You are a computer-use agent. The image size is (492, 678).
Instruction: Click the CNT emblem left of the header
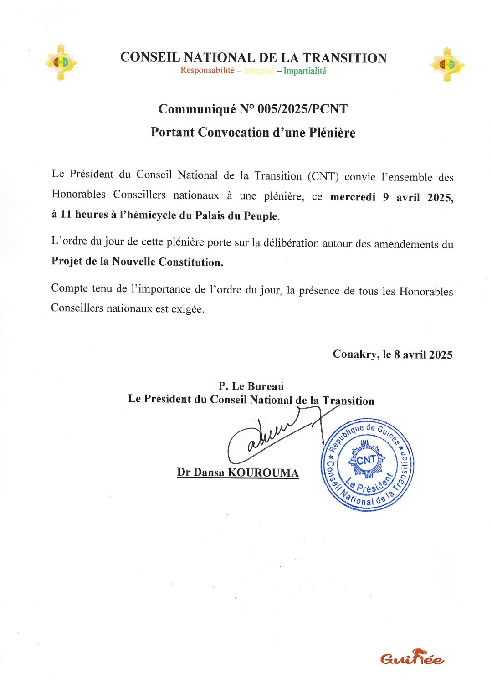point(61,62)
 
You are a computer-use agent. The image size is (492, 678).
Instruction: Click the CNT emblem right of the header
point(447,65)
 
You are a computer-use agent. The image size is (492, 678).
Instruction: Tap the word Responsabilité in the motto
point(207,70)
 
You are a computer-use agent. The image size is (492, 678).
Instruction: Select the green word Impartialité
point(305,71)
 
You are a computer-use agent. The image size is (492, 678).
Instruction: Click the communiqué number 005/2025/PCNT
point(302,109)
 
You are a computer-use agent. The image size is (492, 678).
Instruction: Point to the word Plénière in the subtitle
point(332,133)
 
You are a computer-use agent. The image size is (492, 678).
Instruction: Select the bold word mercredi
point(353,197)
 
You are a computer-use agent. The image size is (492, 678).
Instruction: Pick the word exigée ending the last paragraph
point(188,309)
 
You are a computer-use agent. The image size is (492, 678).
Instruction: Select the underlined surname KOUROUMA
point(263,473)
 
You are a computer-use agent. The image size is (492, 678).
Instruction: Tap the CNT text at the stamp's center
point(366,460)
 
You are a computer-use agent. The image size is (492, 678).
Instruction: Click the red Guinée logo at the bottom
point(412,657)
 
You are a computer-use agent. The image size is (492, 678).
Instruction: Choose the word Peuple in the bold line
point(261,216)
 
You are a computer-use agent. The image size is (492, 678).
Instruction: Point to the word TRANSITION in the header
point(345,58)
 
